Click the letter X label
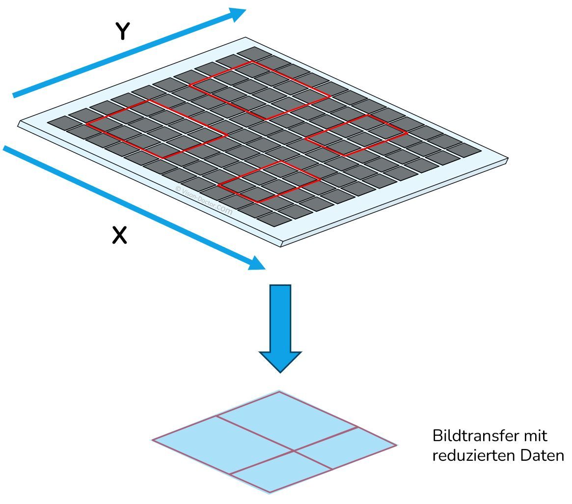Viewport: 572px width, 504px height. click(x=119, y=235)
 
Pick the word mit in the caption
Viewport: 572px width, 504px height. click(x=536, y=436)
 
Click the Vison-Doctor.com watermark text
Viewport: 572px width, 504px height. click(x=204, y=200)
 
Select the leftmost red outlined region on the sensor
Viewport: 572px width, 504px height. click(x=157, y=129)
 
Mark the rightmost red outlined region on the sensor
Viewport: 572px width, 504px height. click(x=356, y=135)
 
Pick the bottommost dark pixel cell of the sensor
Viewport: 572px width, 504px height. click(x=274, y=220)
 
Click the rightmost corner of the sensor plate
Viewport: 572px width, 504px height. click(x=507, y=159)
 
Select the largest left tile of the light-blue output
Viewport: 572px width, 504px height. click(x=222, y=445)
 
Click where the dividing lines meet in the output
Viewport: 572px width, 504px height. click(x=294, y=451)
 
